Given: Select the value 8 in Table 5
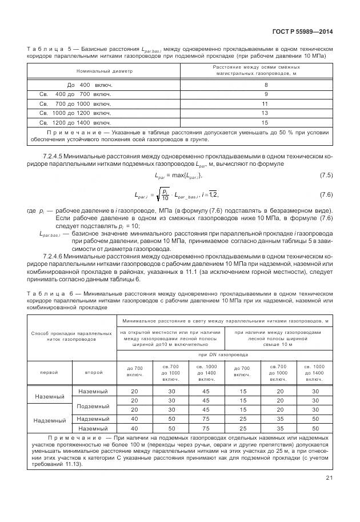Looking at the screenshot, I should tap(265, 85).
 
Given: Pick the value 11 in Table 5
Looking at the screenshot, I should tap(265, 103).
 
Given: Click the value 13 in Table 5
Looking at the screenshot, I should tap(265, 113).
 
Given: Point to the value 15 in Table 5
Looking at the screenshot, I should tap(265, 122).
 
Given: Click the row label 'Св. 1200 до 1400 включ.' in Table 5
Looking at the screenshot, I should tap(74, 122).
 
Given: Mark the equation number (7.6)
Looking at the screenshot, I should tap(325, 194).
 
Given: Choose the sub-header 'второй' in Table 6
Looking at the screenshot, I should tap(93, 372).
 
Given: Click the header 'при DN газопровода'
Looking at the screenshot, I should tap(223, 354).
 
